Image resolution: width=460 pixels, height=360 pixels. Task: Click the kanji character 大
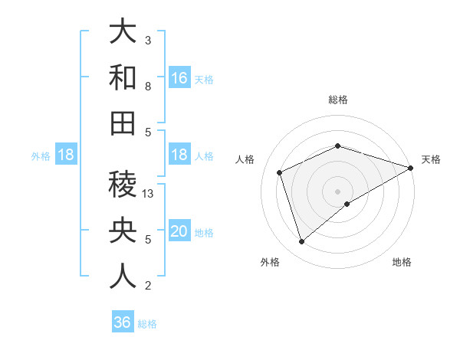(123, 32)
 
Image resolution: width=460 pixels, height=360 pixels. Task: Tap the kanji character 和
(123, 78)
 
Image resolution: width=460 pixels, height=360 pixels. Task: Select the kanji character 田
(123, 123)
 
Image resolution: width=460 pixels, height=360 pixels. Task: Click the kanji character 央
(123, 230)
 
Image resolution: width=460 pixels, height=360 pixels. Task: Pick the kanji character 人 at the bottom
(123, 275)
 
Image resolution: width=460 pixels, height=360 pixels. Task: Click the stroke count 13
(149, 194)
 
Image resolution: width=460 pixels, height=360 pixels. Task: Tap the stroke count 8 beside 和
(148, 87)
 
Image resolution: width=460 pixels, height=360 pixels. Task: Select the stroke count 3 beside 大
(148, 40)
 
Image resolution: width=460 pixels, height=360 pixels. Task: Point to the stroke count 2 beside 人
(148, 286)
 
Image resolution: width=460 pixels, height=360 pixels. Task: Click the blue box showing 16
(179, 78)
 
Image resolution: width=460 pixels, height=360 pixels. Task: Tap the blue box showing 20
(179, 231)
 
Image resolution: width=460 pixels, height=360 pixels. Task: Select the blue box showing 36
(122, 322)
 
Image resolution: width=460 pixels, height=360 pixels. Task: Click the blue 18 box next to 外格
(65, 155)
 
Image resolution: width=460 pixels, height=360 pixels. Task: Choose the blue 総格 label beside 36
(147, 323)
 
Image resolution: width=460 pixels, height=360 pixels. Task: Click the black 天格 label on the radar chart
(431, 159)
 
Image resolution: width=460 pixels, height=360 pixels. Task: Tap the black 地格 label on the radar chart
(402, 262)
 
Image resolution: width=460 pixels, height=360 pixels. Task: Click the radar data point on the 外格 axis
(301, 242)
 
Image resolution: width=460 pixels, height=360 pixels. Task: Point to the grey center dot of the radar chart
(337, 191)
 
